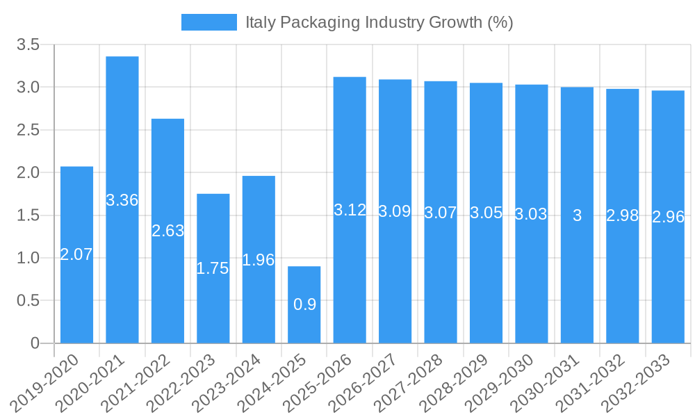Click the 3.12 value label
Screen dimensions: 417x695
point(350,211)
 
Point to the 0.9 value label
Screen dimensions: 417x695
point(304,304)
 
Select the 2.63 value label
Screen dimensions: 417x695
point(167,231)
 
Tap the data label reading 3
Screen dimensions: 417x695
point(577,215)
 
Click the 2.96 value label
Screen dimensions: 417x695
point(668,217)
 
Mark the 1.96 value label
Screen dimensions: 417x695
point(259,260)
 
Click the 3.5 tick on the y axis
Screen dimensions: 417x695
point(28,45)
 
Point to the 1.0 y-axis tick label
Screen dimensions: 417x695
point(28,258)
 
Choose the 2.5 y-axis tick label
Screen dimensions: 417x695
point(28,130)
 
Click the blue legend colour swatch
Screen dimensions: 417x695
point(208,22)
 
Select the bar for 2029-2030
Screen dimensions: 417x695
point(532,278)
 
